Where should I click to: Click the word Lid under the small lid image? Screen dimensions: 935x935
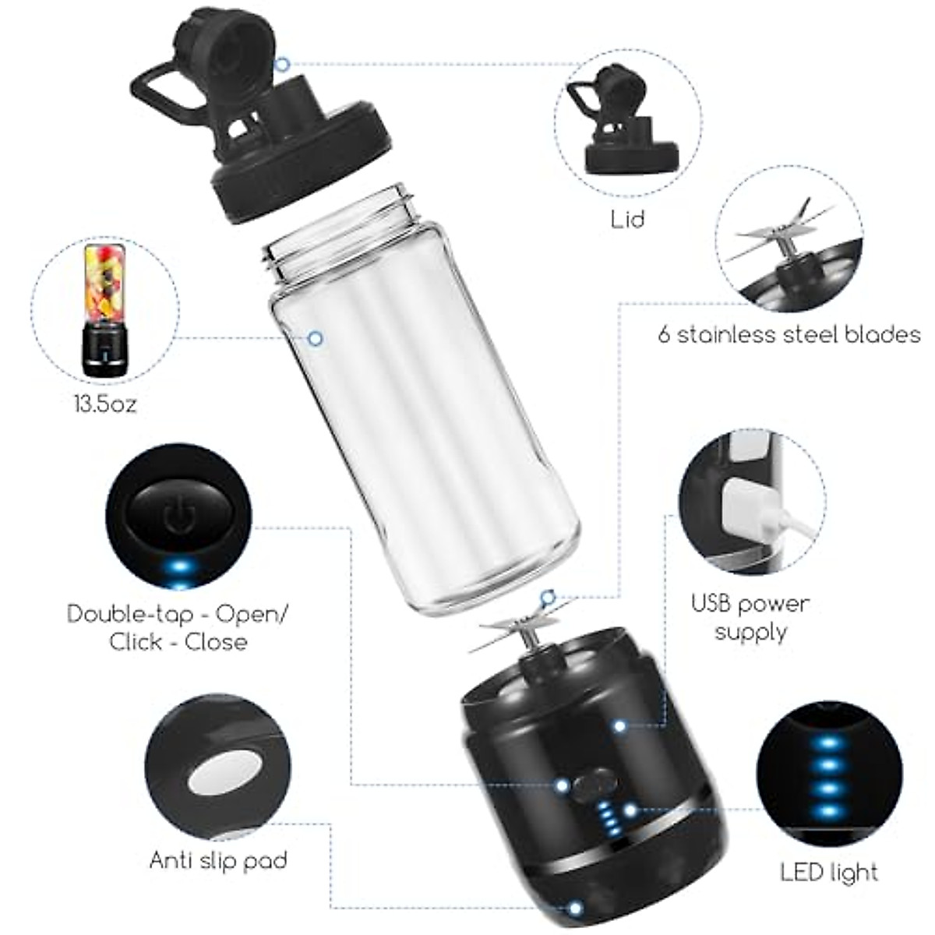[x=627, y=219]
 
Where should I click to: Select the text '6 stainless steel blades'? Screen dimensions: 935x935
[x=789, y=335]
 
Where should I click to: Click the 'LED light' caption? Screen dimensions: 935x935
[x=829, y=872]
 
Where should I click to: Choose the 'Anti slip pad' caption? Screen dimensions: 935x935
[x=218, y=860]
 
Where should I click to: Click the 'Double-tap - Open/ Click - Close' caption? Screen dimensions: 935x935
[x=178, y=627]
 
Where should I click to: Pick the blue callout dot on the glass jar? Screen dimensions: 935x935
[x=316, y=338]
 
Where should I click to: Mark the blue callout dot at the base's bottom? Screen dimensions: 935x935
[x=575, y=909]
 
